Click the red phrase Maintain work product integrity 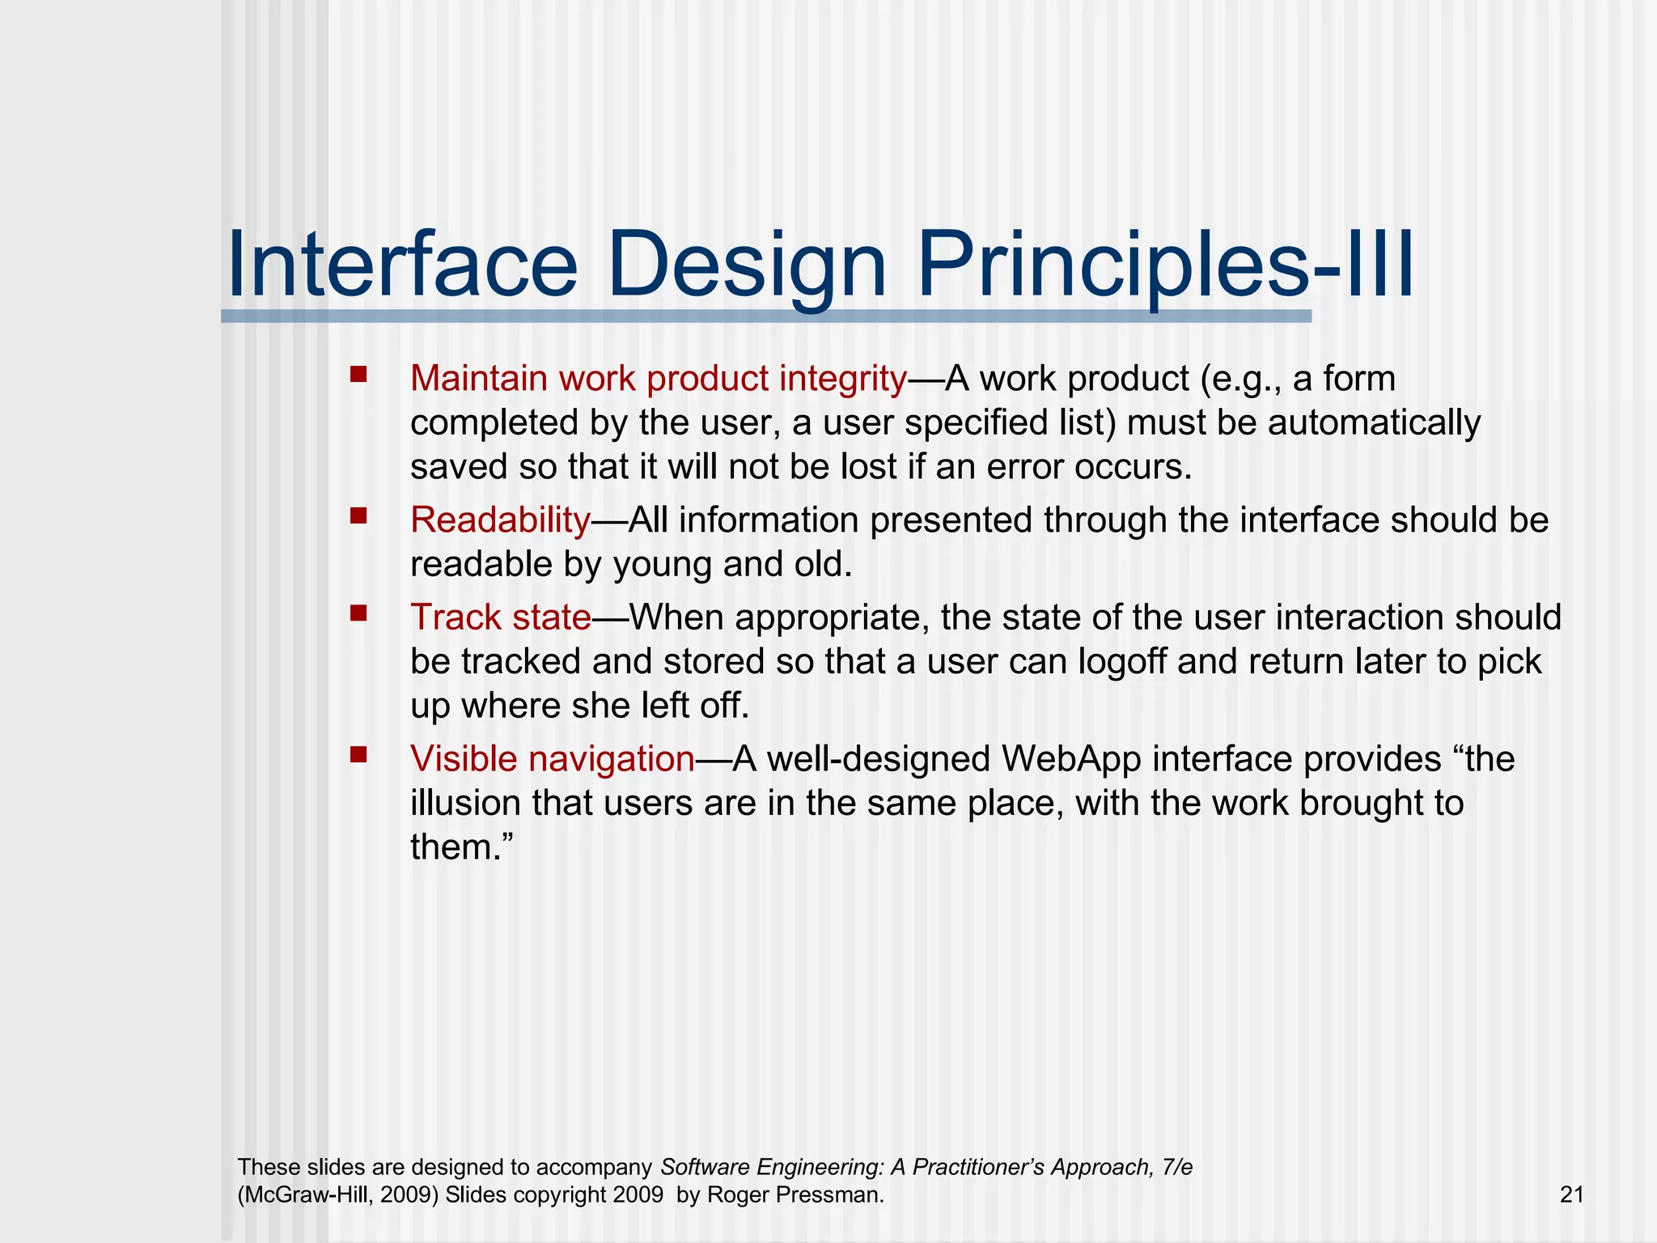click(x=658, y=379)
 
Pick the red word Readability click(x=500, y=520)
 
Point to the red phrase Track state click(x=500, y=617)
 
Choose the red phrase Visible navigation click(x=552, y=759)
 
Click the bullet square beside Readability click(x=358, y=515)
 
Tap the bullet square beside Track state click(x=358, y=613)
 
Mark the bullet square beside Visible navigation click(x=358, y=754)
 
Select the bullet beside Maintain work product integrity click(x=358, y=374)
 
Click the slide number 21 click(x=1571, y=1194)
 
